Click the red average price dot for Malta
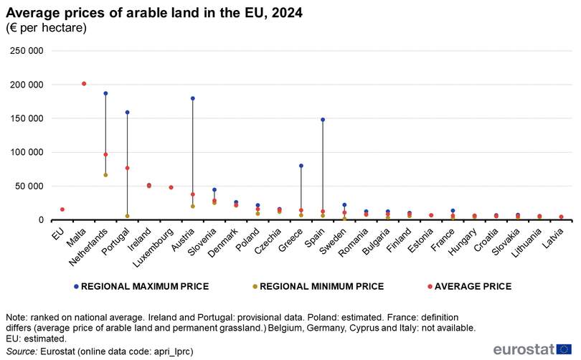[84, 84]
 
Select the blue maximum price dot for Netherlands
[105, 93]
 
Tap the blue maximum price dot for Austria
[192, 98]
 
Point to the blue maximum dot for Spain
[323, 120]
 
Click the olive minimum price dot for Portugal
[127, 216]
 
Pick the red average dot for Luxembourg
[171, 187]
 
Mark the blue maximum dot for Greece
[301, 166]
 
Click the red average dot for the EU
[62, 209]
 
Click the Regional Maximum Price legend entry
[144, 286]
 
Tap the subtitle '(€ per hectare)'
[46, 28]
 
